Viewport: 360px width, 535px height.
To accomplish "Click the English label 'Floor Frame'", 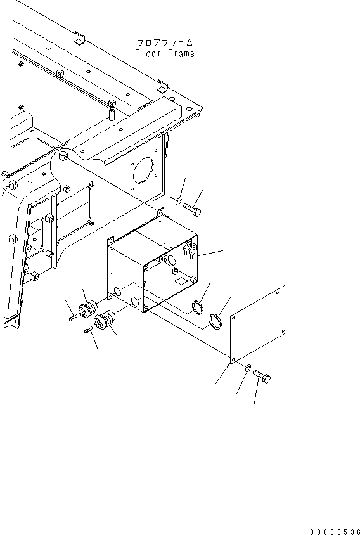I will (164, 54).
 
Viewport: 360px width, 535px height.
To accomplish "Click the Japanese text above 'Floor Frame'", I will (164, 43).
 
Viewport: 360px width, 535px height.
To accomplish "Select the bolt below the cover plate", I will (262, 377).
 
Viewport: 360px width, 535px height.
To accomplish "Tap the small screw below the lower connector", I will (87, 331).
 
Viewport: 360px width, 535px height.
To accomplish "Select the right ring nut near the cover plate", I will (215, 321).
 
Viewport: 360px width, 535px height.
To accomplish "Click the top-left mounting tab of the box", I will (111, 240).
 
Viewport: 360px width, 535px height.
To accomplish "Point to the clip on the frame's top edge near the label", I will (79, 39).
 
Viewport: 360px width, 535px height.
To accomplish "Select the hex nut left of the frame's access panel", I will (65, 188).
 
